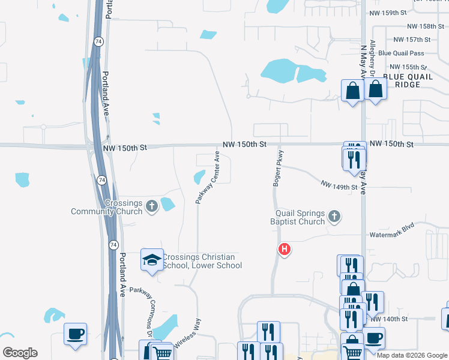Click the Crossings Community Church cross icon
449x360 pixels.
tap(151, 207)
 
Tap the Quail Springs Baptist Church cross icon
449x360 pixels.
tap(334, 216)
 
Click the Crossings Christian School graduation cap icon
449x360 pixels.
tap(151, 259)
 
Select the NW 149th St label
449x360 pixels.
tap(343, 187)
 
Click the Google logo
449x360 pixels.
tap(19, 352)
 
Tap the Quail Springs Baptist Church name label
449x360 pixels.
tap(300, 217)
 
